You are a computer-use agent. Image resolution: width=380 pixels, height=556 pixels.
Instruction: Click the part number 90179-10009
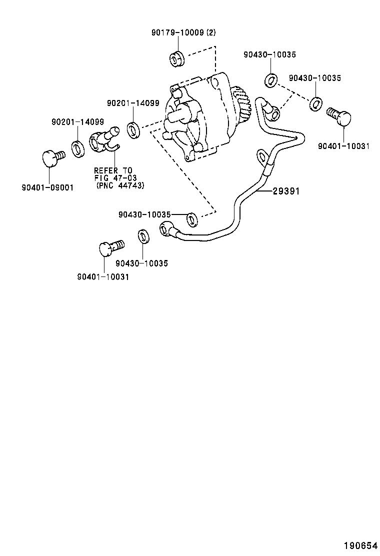177,32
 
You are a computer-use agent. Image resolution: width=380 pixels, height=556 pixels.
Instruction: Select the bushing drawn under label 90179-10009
175,58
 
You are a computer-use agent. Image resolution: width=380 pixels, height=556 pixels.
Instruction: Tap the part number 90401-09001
47,187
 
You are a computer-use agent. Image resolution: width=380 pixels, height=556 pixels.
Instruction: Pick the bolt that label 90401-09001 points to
51,158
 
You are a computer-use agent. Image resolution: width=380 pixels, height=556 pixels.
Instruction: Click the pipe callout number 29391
286,191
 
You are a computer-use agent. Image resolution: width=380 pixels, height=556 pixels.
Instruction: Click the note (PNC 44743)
120,185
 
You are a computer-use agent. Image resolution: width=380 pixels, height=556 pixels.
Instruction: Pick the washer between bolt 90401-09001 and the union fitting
78,148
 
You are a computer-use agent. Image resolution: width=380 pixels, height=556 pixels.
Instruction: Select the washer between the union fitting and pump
134,130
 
